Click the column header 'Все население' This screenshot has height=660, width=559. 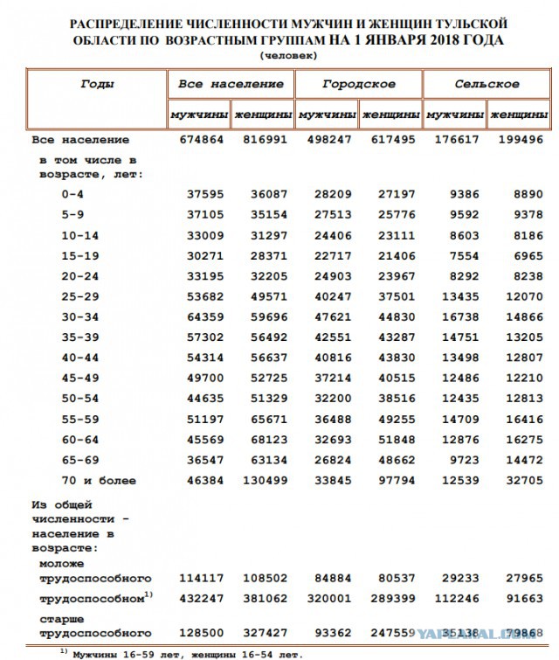(x=231, y=85)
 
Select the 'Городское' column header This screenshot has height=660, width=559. (x=358, y=85)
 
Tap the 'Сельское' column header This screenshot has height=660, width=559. (x=487, y=85)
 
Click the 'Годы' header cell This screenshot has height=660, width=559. (x=97, y=85)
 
